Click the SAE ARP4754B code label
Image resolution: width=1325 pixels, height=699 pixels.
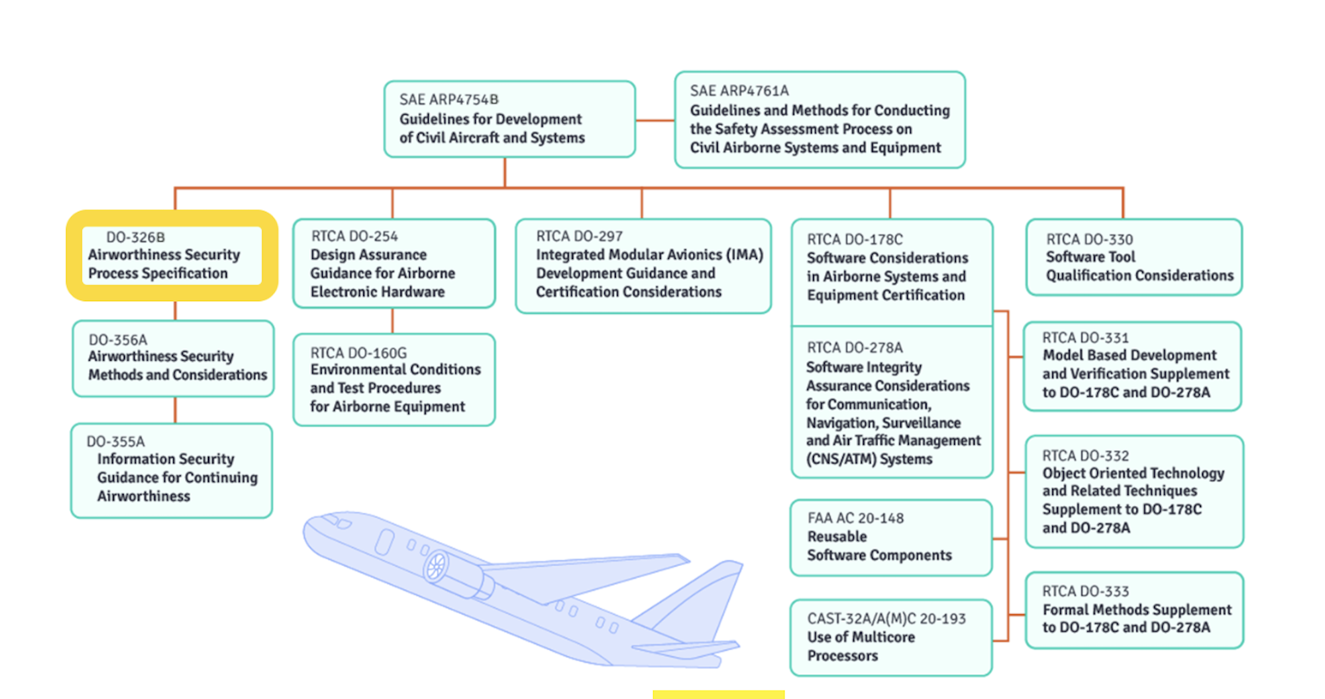pyautogui.click(x=449, y=99)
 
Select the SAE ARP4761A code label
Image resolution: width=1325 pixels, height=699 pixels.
pyautogui.click(x=739, y=91)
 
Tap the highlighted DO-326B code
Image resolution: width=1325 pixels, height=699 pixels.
pyautogui.click(x=136, y=237)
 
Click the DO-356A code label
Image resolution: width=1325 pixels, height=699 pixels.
pyautogui.click(x=118, y=340)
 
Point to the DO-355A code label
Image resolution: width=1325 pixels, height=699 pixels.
pyautogui.click(x=115, y=442)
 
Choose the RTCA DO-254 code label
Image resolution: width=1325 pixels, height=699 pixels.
pyautogui.click(x=354, y=236)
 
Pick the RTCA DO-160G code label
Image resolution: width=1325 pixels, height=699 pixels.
pyautogui.click(x=358, y=353)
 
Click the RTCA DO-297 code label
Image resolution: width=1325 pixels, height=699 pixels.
pyautogui.click(x=580, y=236)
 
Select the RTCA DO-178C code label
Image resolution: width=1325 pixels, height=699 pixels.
pyautogui.click(x=855, y=239)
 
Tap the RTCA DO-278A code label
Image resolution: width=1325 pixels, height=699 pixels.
pyautogui.click(x=855, y=348)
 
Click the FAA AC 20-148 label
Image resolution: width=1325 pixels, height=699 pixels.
pyautogui.click(x=855, y=518)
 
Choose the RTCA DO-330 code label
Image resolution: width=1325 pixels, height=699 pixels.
pyautogui.click(x=1089, y=239)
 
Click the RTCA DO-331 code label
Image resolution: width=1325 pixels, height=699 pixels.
pyautogui.click(x=1085, y=338)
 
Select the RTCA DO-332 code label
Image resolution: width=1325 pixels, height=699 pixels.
pyautogui.click(x=1085, y=455)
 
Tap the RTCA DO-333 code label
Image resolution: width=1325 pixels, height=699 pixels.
pyautogui.click(x=1085, y=591)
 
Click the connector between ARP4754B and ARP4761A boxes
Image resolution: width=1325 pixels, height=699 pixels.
pyautogui.click(x=655, y=120)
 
